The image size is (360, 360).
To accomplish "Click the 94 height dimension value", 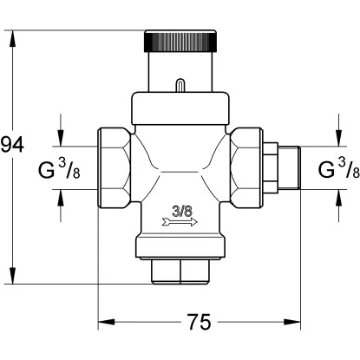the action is click(12, 145).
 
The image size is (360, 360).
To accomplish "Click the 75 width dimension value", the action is click(200, 322).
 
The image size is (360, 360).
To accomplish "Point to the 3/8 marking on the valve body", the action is click(182, 212).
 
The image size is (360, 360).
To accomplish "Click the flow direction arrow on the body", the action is click(180, 222).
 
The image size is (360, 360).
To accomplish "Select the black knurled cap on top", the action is click(180, 41).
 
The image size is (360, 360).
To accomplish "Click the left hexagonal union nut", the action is click(114, 167).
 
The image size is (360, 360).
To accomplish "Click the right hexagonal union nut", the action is click(247, 167).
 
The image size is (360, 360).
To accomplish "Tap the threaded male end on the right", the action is click(289, 167).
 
